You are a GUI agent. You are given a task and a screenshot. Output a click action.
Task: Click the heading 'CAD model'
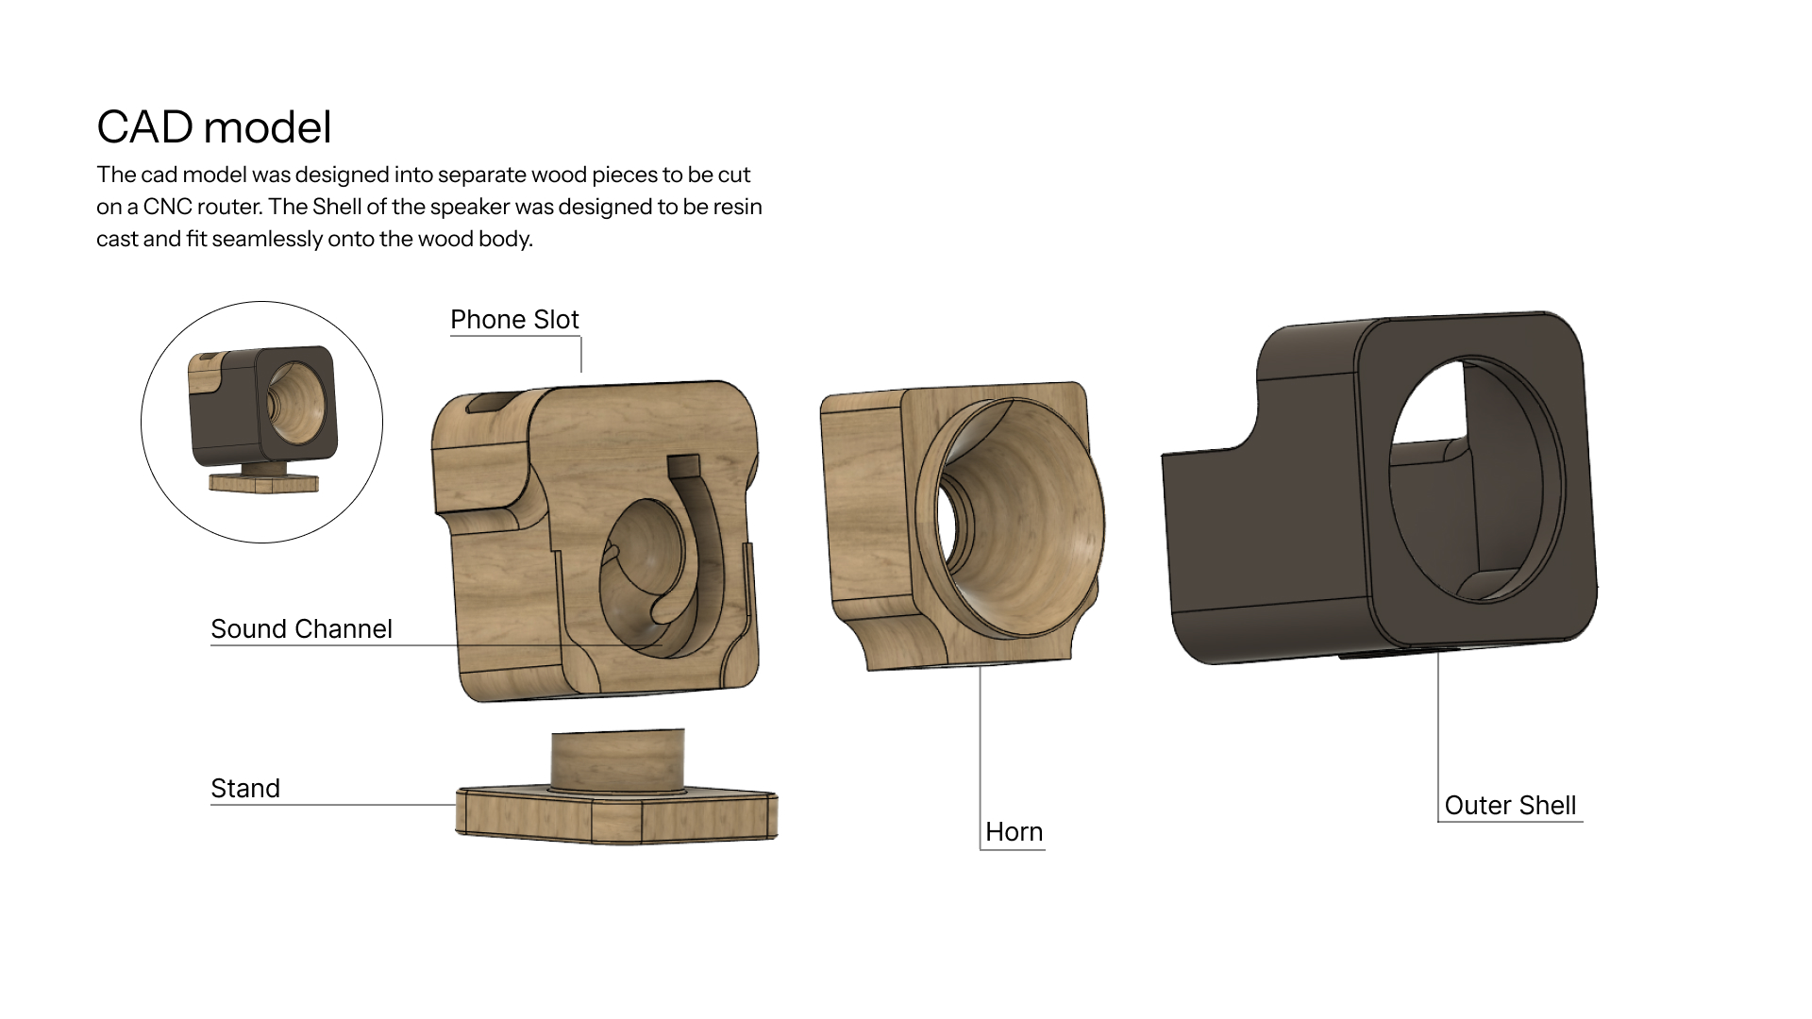point(214,127)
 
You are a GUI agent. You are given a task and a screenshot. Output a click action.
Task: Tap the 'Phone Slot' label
point(514,320)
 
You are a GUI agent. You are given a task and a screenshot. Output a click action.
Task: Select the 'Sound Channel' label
point(301,629)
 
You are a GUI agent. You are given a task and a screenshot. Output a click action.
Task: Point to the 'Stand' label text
point(245,789)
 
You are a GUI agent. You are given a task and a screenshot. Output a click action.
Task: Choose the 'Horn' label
point(1014,832)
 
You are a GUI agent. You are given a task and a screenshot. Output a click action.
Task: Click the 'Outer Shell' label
point(1510,806)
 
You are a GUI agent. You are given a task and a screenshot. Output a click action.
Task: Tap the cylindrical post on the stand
point(618,760)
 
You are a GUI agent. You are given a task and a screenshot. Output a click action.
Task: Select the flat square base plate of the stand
point(617,814)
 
